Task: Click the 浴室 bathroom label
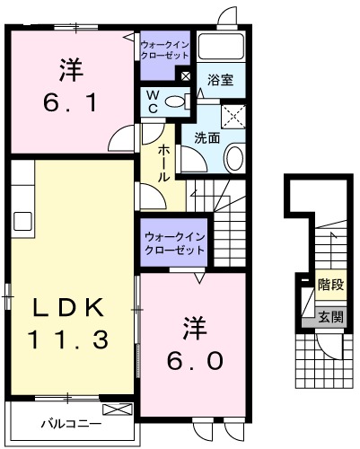221,79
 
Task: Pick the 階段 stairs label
331,286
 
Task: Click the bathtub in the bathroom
222,48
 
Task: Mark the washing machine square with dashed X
233,115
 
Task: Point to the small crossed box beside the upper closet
185,76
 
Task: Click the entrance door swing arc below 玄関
331,345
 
